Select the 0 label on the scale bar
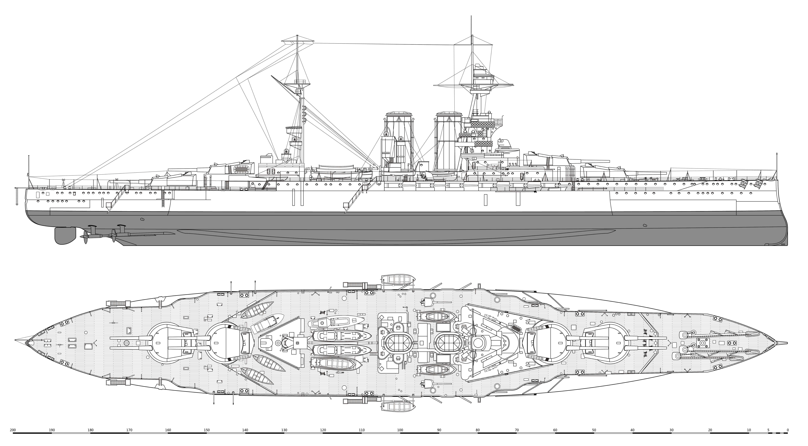click(x=788, y=430)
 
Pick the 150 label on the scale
click(x=207, y=430)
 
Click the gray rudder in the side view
click(x=65, y=235)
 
